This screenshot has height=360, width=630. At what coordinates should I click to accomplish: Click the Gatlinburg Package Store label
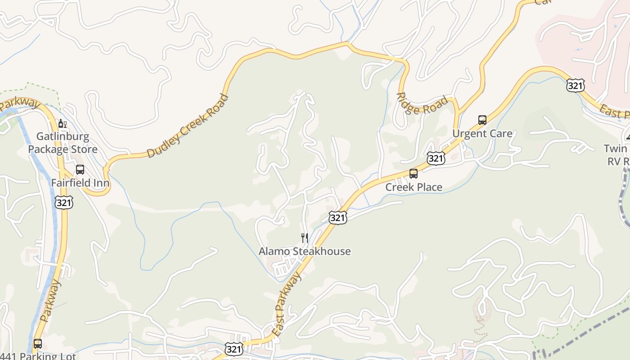(x=63, y=143)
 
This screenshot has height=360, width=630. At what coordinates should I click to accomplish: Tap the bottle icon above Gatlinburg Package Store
(x=63, y=124)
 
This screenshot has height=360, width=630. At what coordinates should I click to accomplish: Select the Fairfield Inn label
(x=80, y=183)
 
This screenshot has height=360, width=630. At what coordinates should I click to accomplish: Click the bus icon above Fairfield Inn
(x=80, y=170)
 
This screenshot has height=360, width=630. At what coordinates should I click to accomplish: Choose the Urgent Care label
(x=482, y=134)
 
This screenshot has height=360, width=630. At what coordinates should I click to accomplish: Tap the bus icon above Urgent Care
(x=482, y=120)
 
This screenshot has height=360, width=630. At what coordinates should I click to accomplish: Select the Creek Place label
(x=414, y=187)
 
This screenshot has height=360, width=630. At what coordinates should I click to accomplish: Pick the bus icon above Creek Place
(x=414, y=173)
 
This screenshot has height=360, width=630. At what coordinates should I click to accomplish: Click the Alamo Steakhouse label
(x=305, y=251)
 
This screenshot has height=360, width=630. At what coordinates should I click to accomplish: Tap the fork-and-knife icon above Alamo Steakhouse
(x=305, y=238)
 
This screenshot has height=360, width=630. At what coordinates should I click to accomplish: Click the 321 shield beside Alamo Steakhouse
(x=337, y=218)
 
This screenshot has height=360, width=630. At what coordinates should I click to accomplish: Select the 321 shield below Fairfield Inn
(x=64, y=202)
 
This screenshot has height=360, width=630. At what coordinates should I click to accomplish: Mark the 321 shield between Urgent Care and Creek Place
(x=436, y=158)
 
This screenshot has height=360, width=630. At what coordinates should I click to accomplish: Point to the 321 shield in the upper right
(x=576, y=85)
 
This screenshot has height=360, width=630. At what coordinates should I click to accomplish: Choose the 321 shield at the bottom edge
(x=234, y=349)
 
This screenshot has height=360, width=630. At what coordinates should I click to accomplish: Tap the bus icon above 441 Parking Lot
(x=38, y=344)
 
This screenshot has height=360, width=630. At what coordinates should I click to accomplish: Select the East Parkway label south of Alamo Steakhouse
(x=287, y=304)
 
